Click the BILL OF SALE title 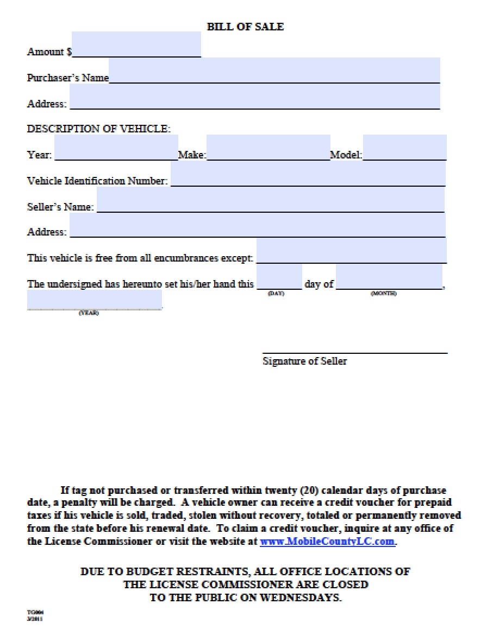[245, 26]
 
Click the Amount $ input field [136, 44]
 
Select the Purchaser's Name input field [274, 71]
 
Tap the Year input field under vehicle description [116, 148]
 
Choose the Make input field [268, 148]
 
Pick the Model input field [404, 148]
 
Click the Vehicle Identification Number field [308, 174]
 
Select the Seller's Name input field [270, 200]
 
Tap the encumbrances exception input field [351, 251]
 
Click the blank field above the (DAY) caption [279, 277]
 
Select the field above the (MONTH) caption [389, 277]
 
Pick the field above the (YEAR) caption [95, 300]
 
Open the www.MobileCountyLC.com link [328, 541]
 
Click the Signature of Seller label [304, 361]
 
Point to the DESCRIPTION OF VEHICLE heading [99, 129]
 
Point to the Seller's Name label [60, 207]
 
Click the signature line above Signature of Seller [355, 353]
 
